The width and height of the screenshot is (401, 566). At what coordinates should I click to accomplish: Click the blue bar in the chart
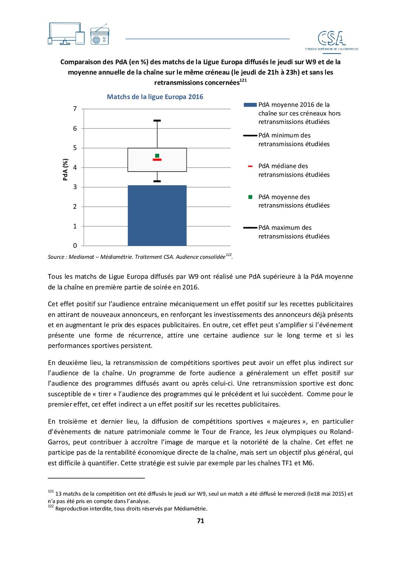tap(157, 215)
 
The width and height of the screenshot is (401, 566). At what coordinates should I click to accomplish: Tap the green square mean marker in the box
tap(157, 156)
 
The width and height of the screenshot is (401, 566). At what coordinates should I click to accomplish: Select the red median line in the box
tap(157, 160)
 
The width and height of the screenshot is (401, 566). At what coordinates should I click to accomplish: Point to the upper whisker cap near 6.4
tap(157, 121)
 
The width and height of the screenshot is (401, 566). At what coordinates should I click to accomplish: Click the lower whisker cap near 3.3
tap(157, 181)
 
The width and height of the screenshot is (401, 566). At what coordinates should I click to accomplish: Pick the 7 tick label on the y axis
tap(75, 109)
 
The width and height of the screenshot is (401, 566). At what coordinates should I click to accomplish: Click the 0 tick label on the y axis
tap(75, 246)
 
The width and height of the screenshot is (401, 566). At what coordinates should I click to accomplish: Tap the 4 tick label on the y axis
tap(75, 168)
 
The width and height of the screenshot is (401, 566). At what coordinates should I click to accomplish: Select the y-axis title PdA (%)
tap(65, 170)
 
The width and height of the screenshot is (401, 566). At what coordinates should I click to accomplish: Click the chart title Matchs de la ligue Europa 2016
tap(155, 97)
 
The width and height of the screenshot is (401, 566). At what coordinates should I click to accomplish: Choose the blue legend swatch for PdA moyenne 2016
tap(250, 105)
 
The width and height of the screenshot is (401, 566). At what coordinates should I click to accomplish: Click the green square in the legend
tap(250, 197)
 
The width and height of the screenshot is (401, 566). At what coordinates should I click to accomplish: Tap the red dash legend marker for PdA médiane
tap(250, 166)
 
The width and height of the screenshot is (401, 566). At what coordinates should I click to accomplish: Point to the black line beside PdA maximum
tap(250, 228)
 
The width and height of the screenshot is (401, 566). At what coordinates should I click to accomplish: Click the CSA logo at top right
tap(332, 40)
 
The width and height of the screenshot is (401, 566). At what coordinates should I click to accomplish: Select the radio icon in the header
tap(99, 36)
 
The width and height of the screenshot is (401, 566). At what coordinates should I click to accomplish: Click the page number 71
tap(200, 521)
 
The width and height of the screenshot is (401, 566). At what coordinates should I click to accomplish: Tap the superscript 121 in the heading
tap(243, 81)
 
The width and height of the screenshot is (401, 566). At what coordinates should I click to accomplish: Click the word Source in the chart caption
tap(56, 257)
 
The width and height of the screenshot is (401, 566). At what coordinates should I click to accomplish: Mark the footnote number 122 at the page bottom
tap(51, 506)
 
